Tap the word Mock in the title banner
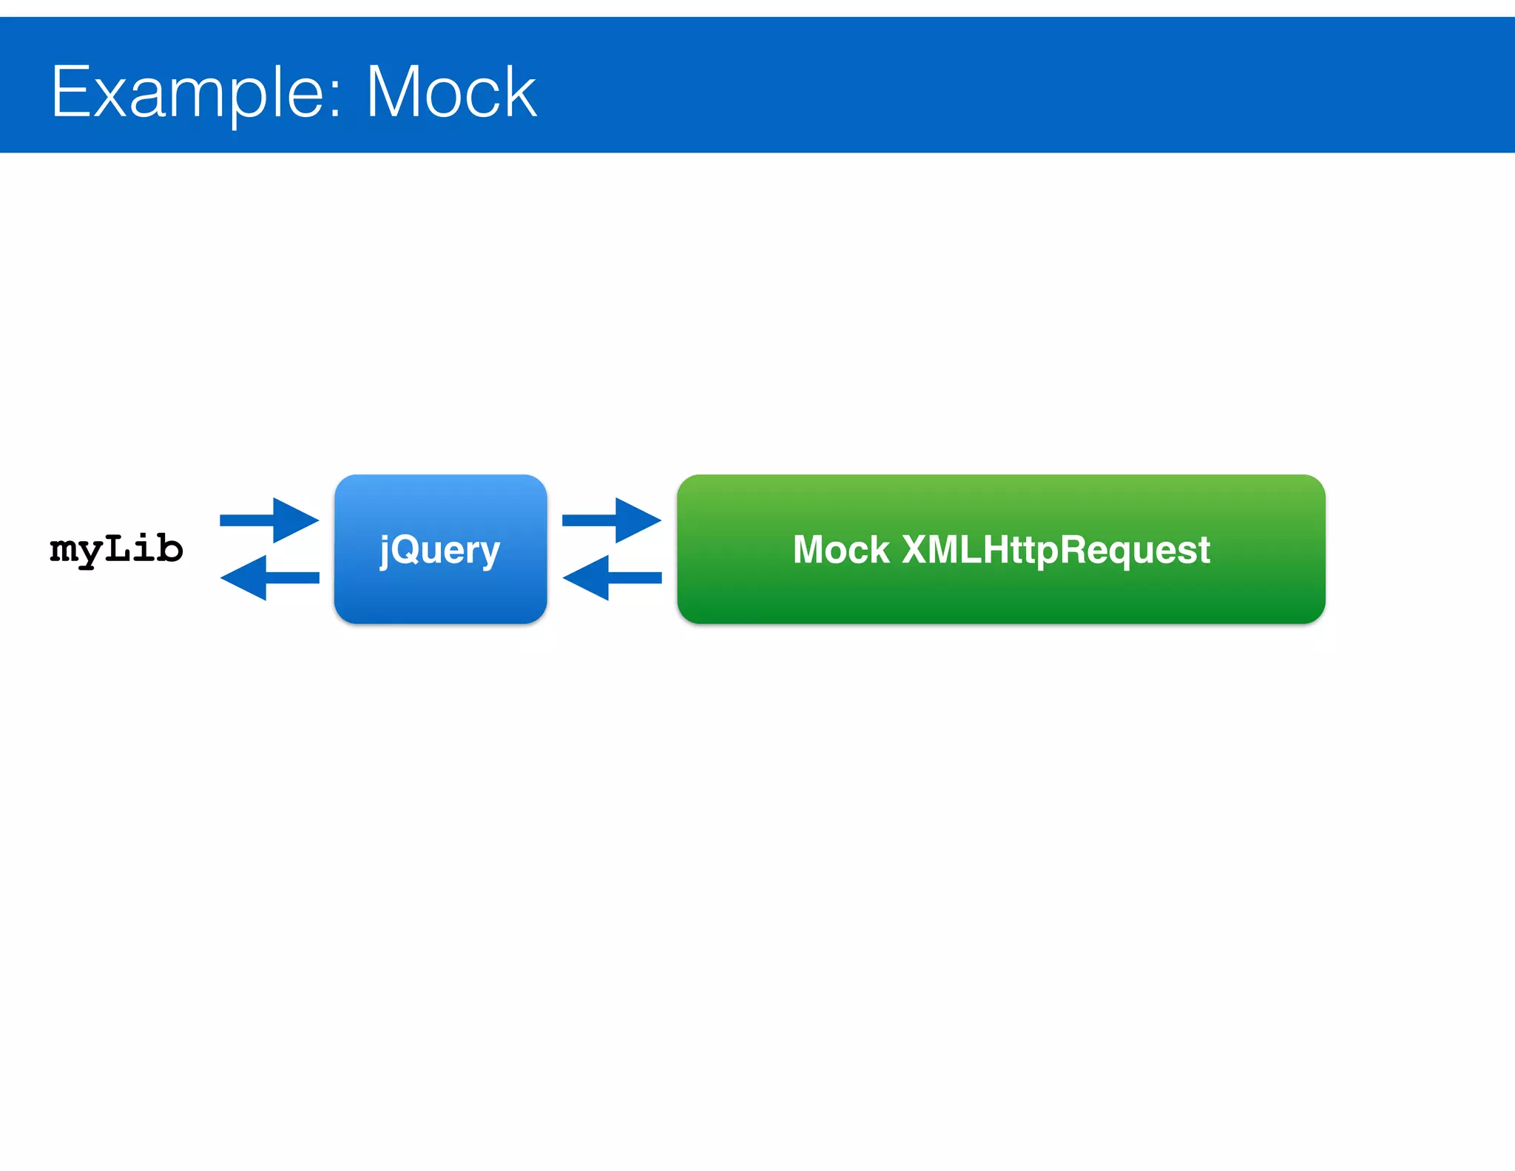451,93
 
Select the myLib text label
116,549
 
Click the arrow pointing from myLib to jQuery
269,520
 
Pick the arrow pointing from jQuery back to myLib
269,577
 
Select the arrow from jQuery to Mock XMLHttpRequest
612,520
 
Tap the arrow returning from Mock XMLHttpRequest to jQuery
612,577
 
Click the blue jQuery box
440,549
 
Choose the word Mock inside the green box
841,550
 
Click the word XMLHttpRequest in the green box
1056,550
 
